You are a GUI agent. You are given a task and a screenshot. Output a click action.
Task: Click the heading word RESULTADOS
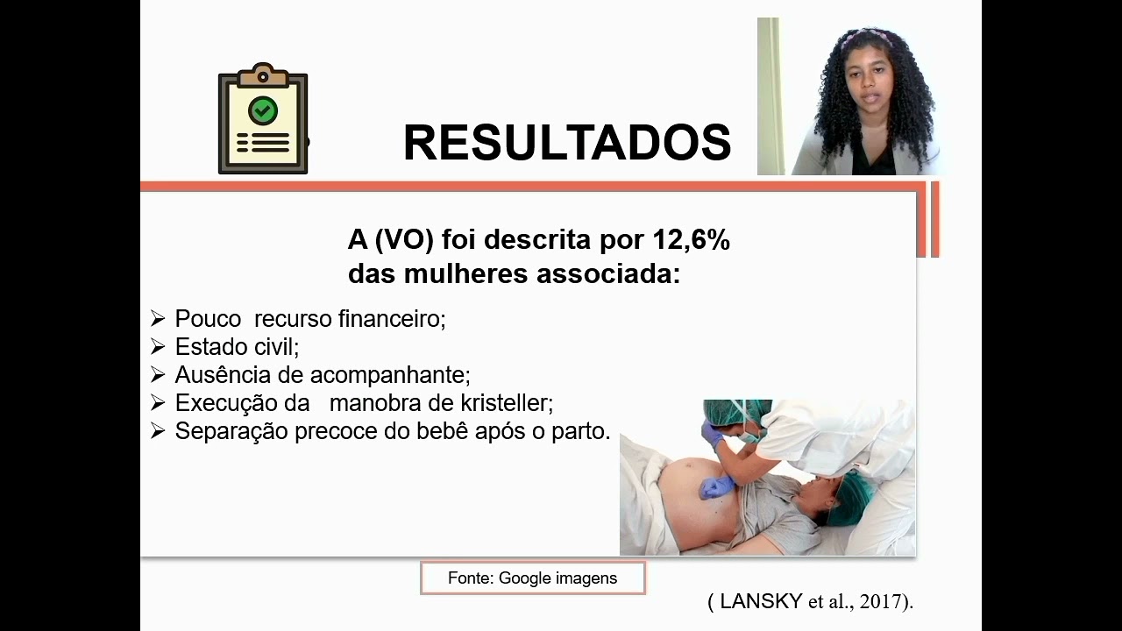coord(566,143)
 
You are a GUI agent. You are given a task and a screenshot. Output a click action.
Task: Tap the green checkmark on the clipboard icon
coord(263,110)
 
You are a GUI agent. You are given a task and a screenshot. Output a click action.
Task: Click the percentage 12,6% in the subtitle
coord(691,240)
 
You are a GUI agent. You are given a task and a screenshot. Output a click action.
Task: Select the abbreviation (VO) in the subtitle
coord(403,240)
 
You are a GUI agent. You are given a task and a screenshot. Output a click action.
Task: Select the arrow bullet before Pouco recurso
coord(158,319)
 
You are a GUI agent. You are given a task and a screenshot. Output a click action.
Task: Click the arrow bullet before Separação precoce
coord(158,431)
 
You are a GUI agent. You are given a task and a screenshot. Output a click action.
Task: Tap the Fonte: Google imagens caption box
coord(532,578)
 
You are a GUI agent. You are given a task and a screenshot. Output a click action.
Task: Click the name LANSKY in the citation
coord(761,601)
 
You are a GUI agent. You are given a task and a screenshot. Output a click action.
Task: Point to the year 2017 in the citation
coord(881,601)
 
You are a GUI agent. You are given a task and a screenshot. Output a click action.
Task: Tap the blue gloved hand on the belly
coord(717,486)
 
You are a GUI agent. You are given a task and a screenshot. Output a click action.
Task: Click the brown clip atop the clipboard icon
coord(263,75)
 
